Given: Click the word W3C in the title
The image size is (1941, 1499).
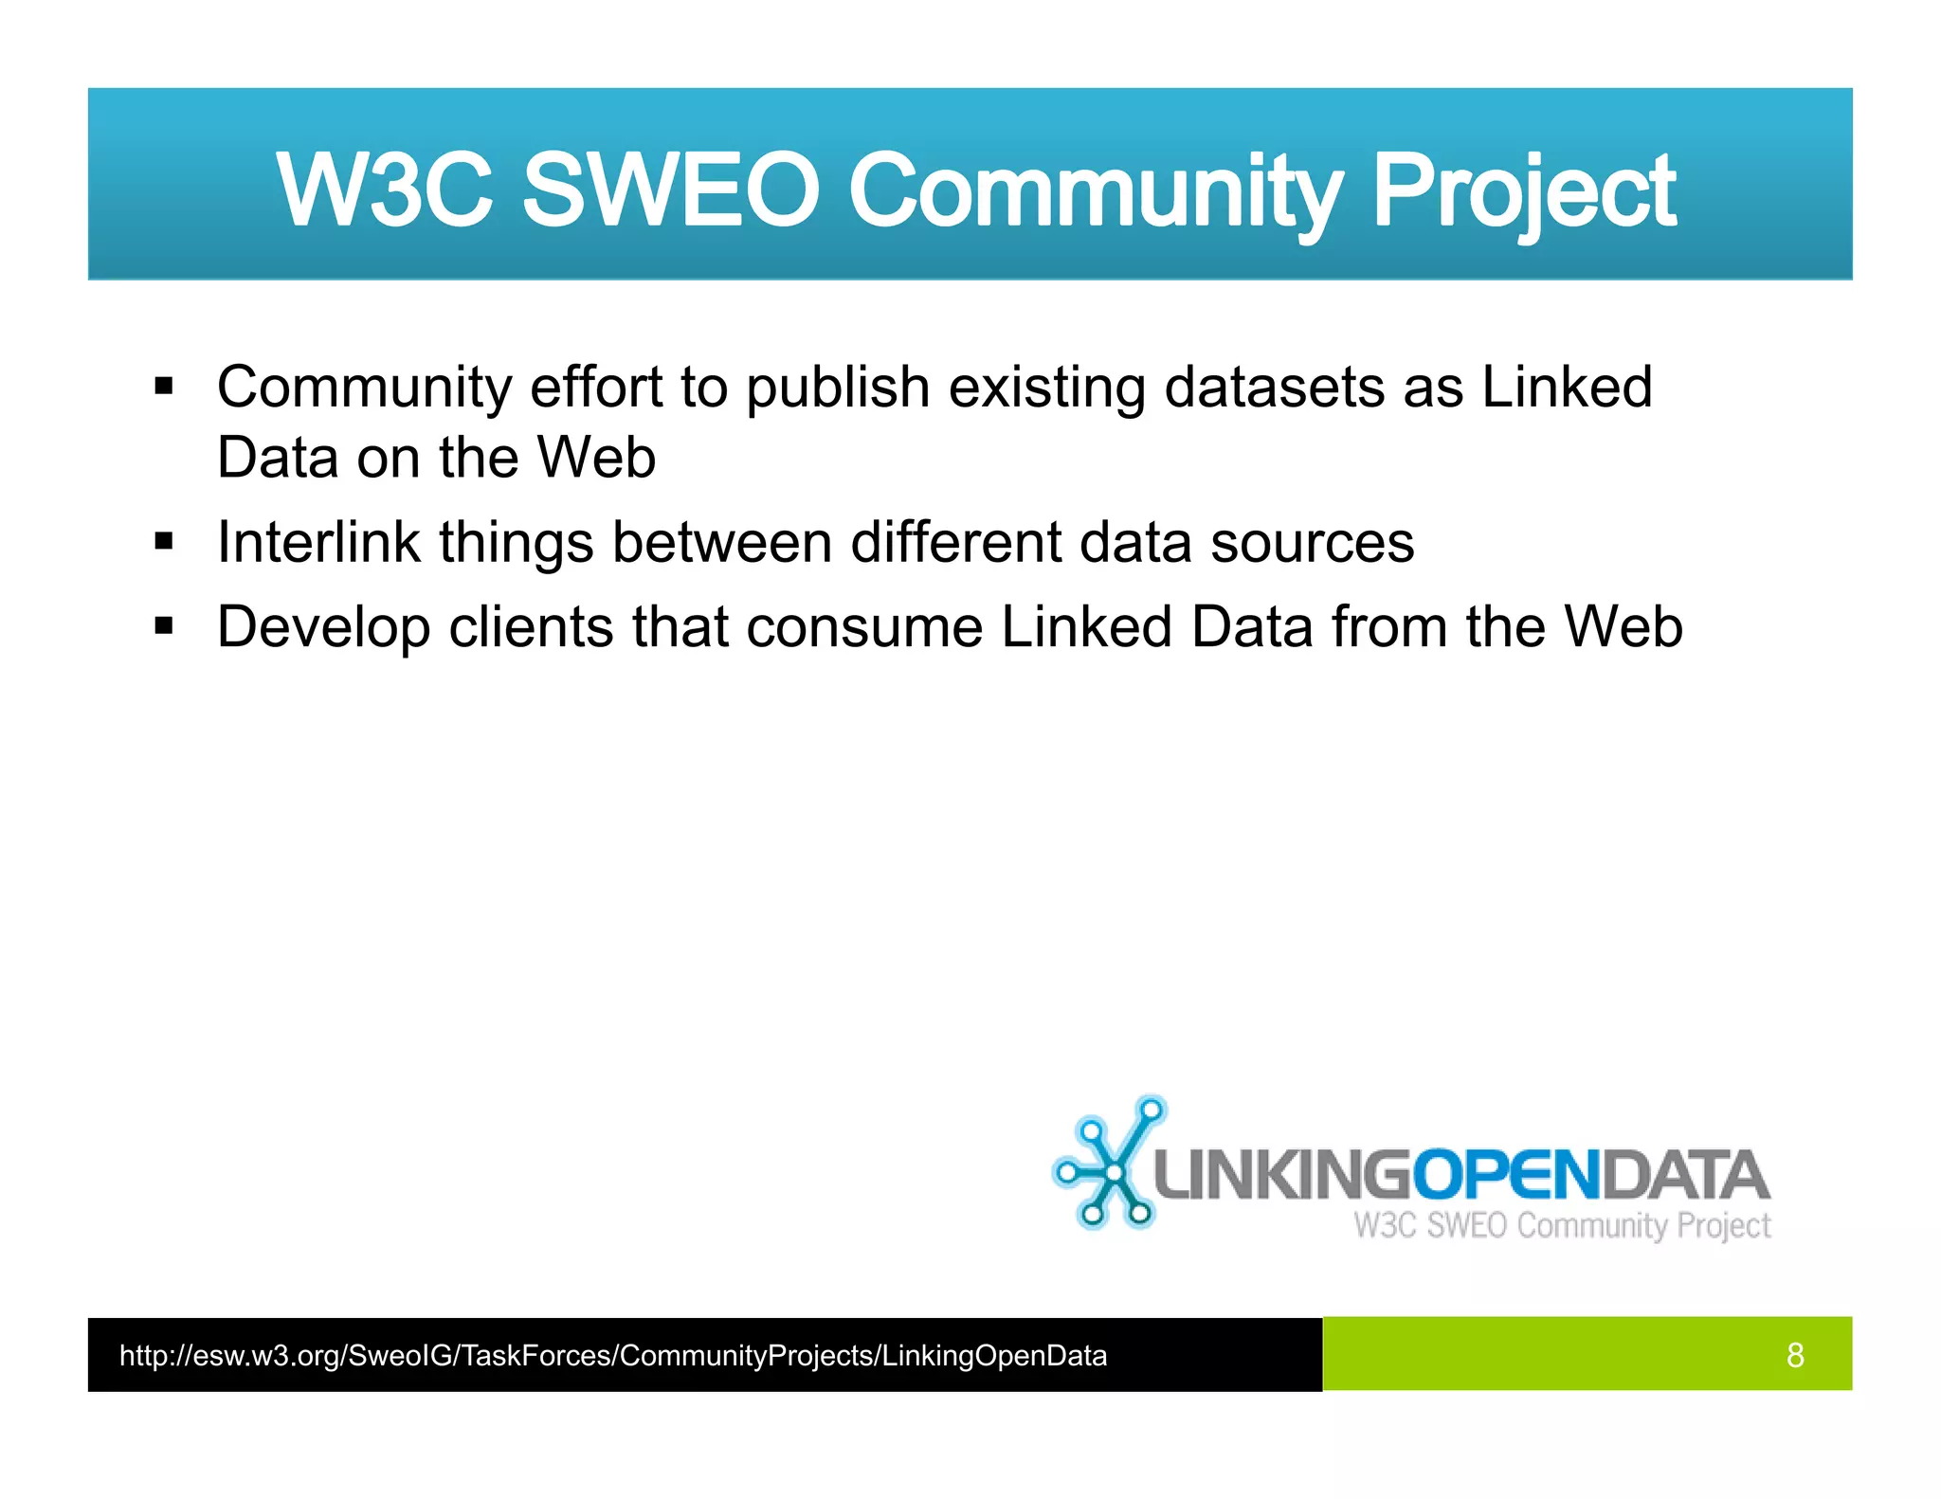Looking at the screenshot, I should pyautogui.click(x=384, y=190).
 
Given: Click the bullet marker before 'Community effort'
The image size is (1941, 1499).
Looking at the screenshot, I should pyautogui.click(x=165, y=388).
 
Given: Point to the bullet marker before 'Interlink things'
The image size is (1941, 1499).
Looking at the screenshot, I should pyautogui.click(x=165, y=543).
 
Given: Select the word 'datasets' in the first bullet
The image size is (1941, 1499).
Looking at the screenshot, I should pyautogui.click(x=1274, y=388).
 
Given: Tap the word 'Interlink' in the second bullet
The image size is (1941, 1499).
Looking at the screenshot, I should pyautogui.click(x=318, y=543).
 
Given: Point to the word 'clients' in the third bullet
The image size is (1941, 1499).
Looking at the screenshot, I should pyautogui.click(x=531, y=627).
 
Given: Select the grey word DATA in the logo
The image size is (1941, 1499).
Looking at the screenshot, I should pyautogui.click(x=1685, y=1176).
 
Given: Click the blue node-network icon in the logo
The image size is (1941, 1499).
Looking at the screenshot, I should pyautogui.click(x=1108, y=1165).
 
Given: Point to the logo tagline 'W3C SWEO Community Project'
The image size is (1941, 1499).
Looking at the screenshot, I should pyautogui.click(x=1562, y=1226).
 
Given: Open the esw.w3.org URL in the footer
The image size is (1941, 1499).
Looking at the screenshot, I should pyautogui.click(x=612, y=1356).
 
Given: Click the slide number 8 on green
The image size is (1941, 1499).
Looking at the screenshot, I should pyautogui.click(x=1794, y=1356).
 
